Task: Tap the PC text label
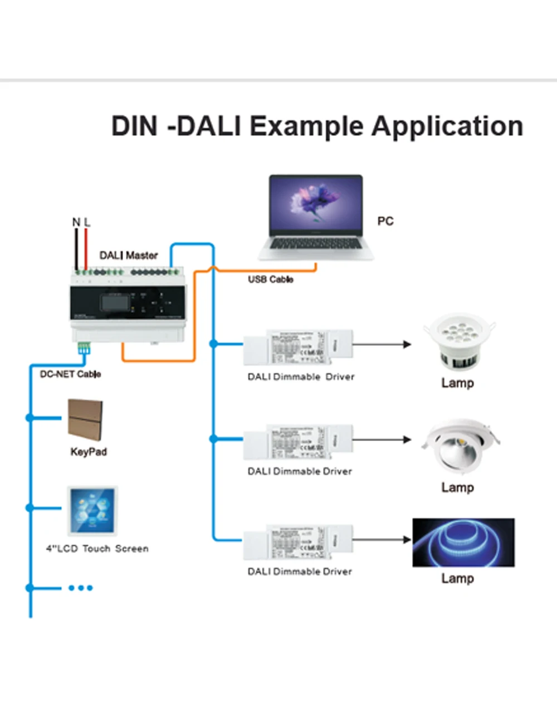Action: tap(385, 221)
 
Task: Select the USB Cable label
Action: tap(271, 279)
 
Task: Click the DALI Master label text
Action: tap(128, 255)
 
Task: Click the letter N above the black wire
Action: tap(76, 222)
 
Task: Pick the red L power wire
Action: tap(86, 248)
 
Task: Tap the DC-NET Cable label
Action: tap(70, 374)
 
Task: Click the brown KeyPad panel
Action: tap(85, 419)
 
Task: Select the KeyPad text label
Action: tap(88, 452)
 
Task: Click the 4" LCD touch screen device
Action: tap(92, 511)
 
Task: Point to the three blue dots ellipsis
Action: tap(80, 588)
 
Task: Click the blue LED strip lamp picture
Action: tap(463, 542)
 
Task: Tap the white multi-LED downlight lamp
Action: tap(459, 343)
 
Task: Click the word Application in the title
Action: tap(447, 126)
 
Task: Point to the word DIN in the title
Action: tap(134, 126)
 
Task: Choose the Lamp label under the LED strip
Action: tap(457, 578)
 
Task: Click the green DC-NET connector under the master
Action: tap(85, 349)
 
